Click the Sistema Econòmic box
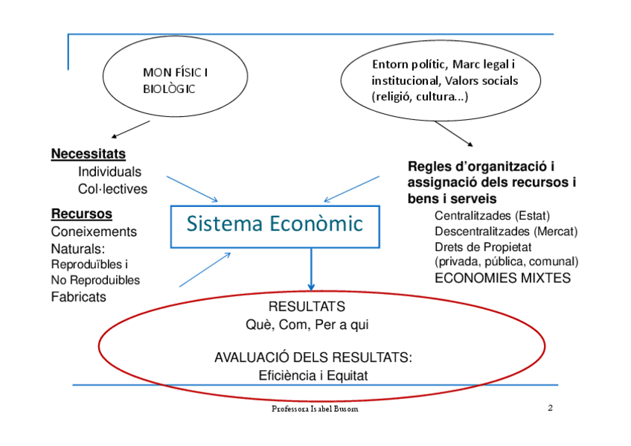[x=275, y=225]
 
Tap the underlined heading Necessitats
[x=88, y=154]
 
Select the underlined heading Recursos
[x=81, y=214]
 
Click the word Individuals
[x=109, y=172]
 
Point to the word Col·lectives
[x=112, y=189]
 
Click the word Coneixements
[x=94, y=232]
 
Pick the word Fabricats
[x=78, y=297]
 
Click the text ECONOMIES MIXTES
[x=502, y=278]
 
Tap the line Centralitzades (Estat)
[x=492, y=216]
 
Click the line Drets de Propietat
[x=484, y=246]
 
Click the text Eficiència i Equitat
[x=313, y=375]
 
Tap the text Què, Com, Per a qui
[x=307, y=325]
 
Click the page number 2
[x=550, y=408]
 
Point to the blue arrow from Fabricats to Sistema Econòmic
[x=205, y=270]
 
